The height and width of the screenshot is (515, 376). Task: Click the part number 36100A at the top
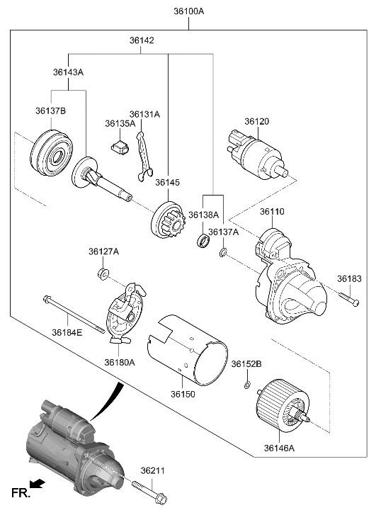click(188, 11)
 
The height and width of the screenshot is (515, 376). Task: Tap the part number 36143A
click(68, 72)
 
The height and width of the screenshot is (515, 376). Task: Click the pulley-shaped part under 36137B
click(52, 151)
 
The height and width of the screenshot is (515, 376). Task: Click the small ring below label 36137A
click(223, 252)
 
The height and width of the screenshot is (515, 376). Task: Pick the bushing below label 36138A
click(204, 242)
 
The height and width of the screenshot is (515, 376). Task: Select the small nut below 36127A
click(103, 274)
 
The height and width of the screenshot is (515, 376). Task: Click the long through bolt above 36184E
click(74, 312)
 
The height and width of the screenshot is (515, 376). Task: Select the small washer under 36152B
click(246, 385)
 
